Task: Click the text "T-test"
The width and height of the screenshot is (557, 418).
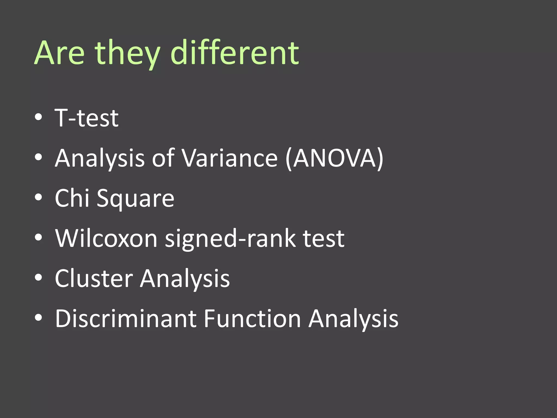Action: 86,118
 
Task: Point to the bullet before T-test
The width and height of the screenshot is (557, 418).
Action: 39,117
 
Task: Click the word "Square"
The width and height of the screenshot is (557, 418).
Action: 135,199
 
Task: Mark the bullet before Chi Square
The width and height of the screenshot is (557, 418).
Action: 39,197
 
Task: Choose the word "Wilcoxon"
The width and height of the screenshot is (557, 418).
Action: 106,238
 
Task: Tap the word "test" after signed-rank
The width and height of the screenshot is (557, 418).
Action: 324,238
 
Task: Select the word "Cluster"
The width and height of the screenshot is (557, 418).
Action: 94,278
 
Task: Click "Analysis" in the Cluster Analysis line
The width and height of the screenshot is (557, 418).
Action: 185,279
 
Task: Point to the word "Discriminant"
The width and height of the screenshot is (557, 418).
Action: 126,318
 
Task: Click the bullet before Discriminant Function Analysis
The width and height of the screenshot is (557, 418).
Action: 39,318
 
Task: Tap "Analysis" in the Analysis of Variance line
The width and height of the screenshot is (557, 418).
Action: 100,159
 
